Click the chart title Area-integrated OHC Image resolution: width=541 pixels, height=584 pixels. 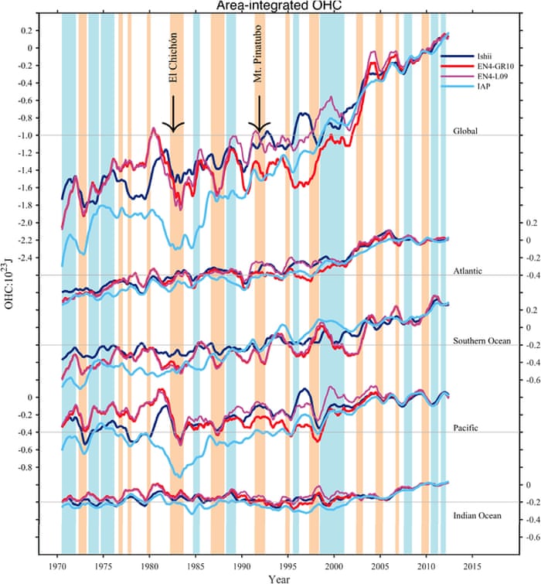click(x=275, y=6)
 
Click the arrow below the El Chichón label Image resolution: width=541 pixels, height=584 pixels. click(x=174, y=114)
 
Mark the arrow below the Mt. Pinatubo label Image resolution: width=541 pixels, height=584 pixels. click(x=260, y=114)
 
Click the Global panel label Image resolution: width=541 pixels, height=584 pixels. click(x=467, y=131)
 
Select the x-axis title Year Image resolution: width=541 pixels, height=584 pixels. click(x=280, y=577)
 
